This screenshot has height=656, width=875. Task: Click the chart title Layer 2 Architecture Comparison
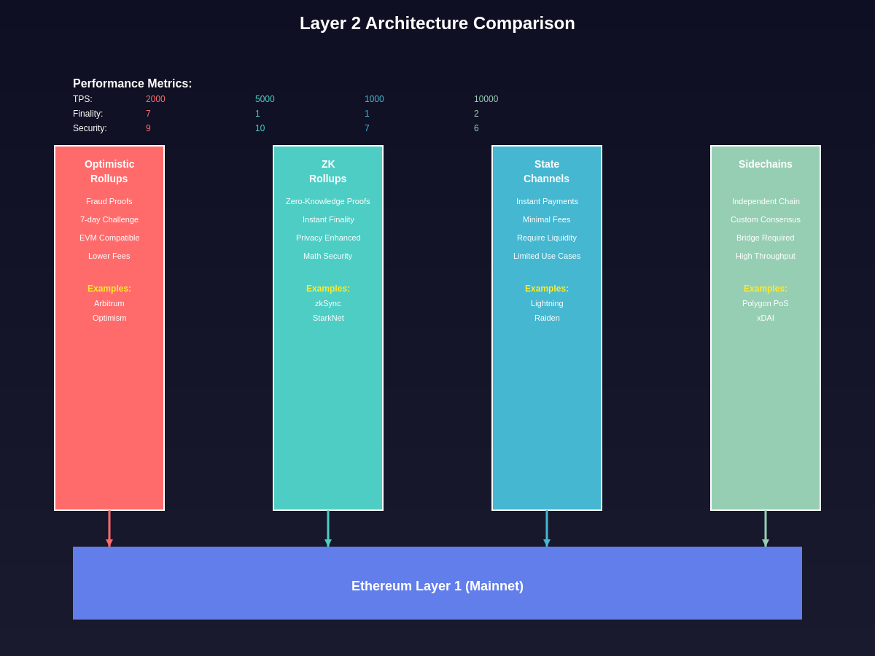[x=437, y=23]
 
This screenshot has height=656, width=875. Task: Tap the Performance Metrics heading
[x=132, y=84]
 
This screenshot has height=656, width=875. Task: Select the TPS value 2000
[x=155, y=99]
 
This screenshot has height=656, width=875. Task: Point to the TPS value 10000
[x=486, y=99]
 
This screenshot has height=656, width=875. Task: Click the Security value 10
[x=260, y=128]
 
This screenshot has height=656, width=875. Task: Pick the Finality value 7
[x=148, y=114]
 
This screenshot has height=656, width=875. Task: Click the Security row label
[x=90, y=128]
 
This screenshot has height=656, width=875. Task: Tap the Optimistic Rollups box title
[x=109, y=171]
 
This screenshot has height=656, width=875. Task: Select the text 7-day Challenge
[x=109, y=219]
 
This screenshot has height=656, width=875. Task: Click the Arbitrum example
[x=109, y=303]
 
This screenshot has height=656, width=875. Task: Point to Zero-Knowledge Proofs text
[x=328, y=201]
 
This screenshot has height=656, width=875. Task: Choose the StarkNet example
[x=328, y=318]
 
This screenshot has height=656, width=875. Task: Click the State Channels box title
[x=547, y=171]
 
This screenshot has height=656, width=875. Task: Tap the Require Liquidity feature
[x=547, y=238]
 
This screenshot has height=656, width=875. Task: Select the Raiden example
[x=547, y=318]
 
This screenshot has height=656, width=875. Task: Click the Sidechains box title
[x=766, y=164]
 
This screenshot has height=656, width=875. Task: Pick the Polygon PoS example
[x=766, y=303]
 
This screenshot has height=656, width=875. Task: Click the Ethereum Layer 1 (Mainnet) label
[x=437, y=586]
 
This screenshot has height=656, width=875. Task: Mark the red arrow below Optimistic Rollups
[x=109, y=529]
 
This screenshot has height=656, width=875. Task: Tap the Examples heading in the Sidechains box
[x=766, y=289]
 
